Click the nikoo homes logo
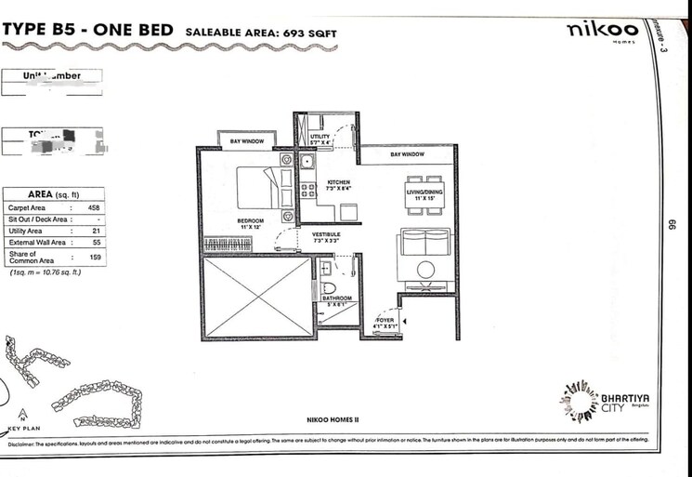pyautogui.click(x=596, y=32)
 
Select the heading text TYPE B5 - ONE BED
pyautogui.click(x=88, y=31)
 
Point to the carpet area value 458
pyautogui.click(x=93, y=208)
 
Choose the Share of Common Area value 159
pyautogui.click(x=95, y=256)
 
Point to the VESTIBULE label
pyautogui.click(x=326, y=236)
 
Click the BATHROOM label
pyautogui.click(x=336, y=298)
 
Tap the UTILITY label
pyautogui.click(x=320, y=138)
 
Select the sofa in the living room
pyautogui.click(x=426, y=247)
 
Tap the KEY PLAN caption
pyautogui.click(x=21, y=429)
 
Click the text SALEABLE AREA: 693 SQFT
pyautogui.click(x=261, y=33)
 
